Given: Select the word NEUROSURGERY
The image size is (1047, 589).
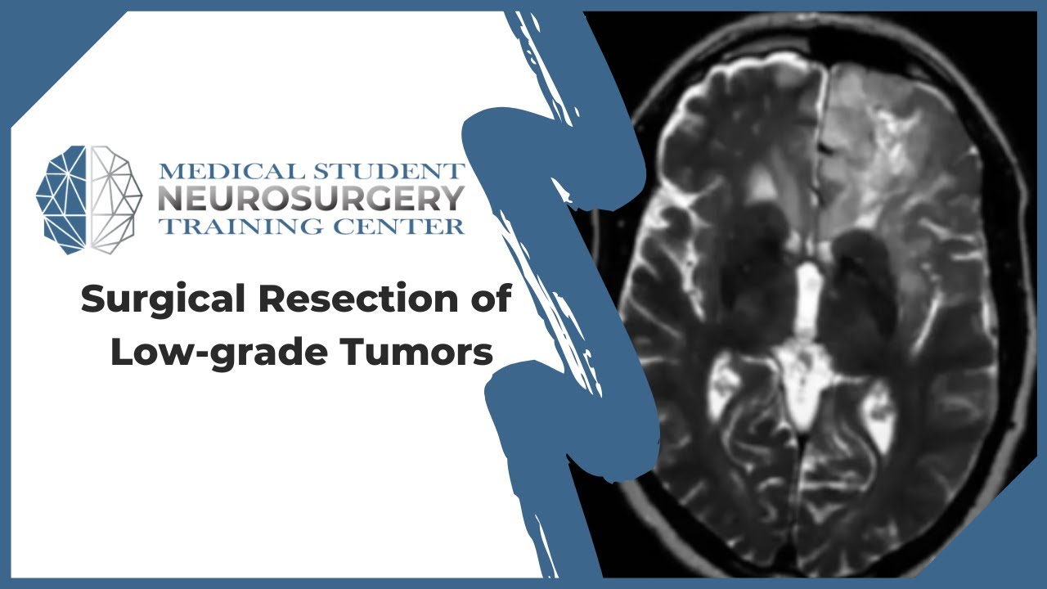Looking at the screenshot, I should tap(311, 199).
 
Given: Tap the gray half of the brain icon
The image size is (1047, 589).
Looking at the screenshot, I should tap(115, 199).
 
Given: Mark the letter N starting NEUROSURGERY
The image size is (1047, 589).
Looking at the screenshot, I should tap(169, 199).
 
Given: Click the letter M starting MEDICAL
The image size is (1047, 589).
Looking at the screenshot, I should tap(169, 173).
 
